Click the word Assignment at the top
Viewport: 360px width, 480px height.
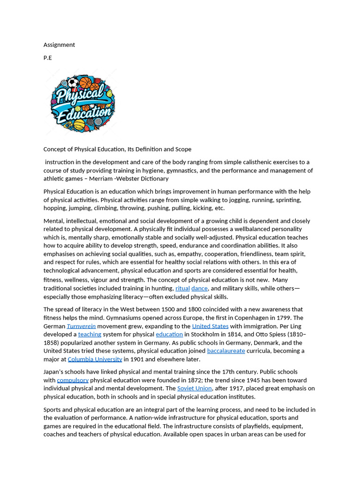pos(59,45)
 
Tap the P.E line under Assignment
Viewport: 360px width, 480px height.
pos(48,58)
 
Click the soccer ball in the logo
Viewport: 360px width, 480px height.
pos(74,83)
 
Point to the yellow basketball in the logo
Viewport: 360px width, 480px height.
pos(79,124)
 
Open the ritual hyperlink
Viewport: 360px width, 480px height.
pos(182,289)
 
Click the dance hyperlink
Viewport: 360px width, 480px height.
pos(199,289)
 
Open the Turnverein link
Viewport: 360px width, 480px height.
pos(81,326)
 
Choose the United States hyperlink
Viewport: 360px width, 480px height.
pos(210,326)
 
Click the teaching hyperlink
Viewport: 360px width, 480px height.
pos(90,335)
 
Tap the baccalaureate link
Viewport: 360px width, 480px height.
pos(226,351)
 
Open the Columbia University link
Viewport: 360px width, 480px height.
pos(95,360)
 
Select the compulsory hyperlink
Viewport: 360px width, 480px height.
pos(73,380)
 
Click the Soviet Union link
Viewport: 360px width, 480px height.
pos(194,389)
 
